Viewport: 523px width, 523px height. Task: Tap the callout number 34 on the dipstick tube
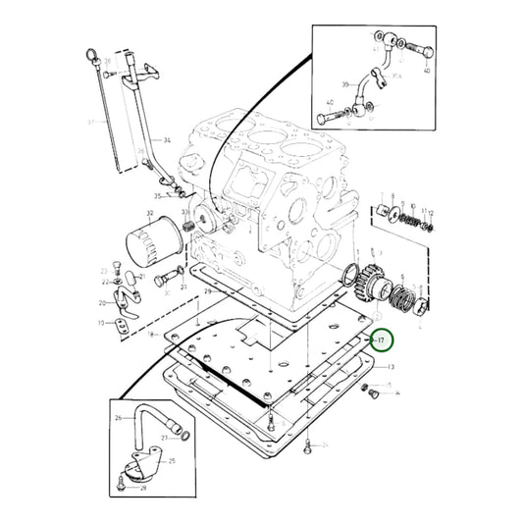[x=167, y=141]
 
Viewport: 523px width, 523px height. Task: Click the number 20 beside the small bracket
[x=102, y=303]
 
